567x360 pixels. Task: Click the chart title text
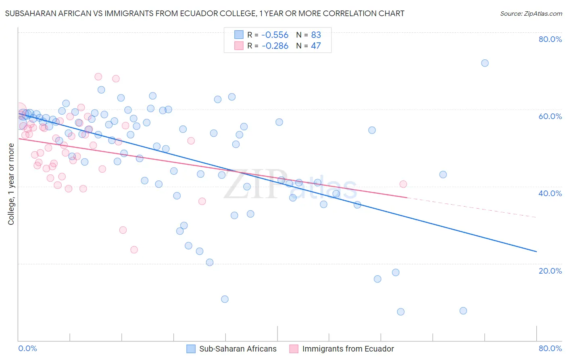pos(204,14)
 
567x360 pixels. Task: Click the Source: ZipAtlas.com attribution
pos(531,14)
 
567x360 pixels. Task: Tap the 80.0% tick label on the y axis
pos(550,39)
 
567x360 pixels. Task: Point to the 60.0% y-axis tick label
pos(550,116)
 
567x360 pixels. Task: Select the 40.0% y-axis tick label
pos(550,193)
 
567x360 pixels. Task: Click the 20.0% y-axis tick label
pos(550,271)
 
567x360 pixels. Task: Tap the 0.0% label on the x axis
pos(28,348)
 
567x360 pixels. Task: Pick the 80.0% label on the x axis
pos(550,348)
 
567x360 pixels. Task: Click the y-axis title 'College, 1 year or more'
pos(11,184)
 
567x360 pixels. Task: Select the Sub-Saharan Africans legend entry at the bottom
pos(238,349)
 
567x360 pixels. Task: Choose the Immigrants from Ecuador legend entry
pos(348,349)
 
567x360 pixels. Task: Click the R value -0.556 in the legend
pos(275,35)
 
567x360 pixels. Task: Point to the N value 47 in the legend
pos(316,46)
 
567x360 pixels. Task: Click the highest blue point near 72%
pos(485,63)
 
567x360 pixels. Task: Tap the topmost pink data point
pos(98,77)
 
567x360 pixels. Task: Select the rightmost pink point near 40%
pos(403,184)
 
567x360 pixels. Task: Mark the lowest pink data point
pos(134,250)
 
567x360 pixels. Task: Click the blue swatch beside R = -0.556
pos(239,35)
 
